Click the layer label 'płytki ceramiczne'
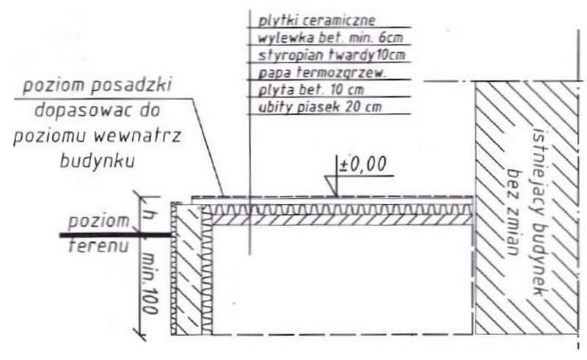(316, 20)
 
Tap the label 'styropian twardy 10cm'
(332, 55)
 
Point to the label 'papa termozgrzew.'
(321, 73)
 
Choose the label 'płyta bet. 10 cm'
(310, 89)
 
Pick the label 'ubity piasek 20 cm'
(320, 107)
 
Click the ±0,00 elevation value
(362, 165)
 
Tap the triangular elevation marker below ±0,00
(332, 185)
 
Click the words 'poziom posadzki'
(98, 86)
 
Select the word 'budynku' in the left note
(98, 161)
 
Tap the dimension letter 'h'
(150, 216)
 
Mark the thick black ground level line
(115, 235)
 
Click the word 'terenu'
(99, 246)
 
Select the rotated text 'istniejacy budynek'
(540, 211)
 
